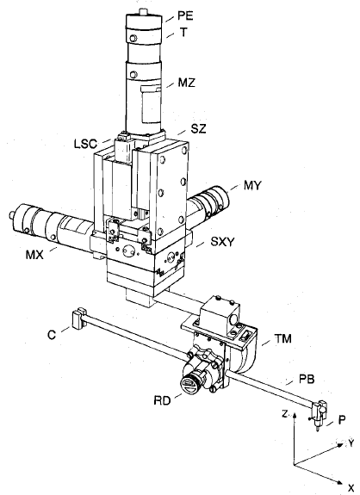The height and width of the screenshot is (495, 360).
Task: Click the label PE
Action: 185,15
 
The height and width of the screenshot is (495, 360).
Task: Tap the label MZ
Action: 187,83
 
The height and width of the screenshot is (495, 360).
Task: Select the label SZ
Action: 199,128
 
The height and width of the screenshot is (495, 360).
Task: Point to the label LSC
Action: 85,144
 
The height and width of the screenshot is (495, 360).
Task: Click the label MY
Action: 252,185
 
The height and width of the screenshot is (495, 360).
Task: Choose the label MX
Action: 34,255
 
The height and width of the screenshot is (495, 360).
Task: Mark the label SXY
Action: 223,242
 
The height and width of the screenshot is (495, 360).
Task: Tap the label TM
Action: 283,338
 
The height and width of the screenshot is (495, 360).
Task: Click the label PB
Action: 307,379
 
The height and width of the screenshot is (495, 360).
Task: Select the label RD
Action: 162,400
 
